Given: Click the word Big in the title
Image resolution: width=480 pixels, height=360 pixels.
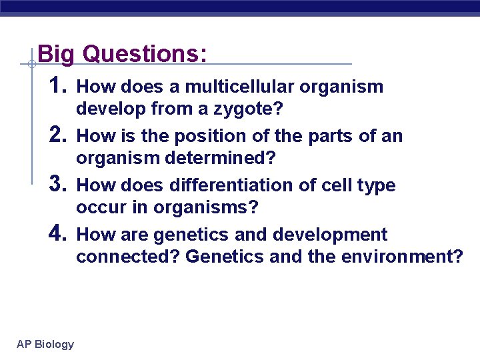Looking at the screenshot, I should [x=57, y=55].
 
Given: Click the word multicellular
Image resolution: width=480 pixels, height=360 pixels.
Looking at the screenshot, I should [x=240, y=87].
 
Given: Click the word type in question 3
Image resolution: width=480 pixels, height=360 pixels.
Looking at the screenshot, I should [x=377, y=186].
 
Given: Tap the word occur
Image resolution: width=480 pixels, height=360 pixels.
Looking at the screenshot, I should [x=97, y=208].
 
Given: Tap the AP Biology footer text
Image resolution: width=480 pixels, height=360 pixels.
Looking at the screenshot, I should [x=45, y=344].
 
